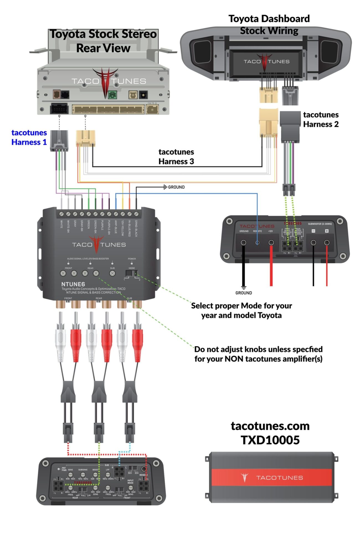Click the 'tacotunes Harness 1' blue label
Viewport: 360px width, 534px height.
coord(29,137)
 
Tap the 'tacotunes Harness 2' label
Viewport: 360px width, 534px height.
coord(321,119)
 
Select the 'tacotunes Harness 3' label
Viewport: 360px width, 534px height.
coord(176,156)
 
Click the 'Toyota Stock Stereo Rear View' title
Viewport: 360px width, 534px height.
coord(103,41)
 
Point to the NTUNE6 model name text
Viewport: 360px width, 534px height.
coord(73,284)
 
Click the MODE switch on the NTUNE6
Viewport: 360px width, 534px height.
coord(131,273)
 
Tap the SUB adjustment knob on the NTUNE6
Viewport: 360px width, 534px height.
coord(112,273)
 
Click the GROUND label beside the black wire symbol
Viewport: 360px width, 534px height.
coord(176,187)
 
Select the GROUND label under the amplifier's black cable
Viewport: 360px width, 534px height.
coord(243,293)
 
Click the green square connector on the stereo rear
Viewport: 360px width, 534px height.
coord(112,95)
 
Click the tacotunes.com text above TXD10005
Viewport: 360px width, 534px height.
coord(270,426)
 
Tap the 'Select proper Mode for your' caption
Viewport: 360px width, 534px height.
coord(241,306)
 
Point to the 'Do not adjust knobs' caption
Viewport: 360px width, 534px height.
coord(258,349)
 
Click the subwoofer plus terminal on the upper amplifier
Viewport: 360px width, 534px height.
coord(327,243)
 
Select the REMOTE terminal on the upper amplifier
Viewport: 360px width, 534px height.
coord(257,243)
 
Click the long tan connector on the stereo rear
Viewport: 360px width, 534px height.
coord(108,109)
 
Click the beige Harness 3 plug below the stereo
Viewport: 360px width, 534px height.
coord(86,138)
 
